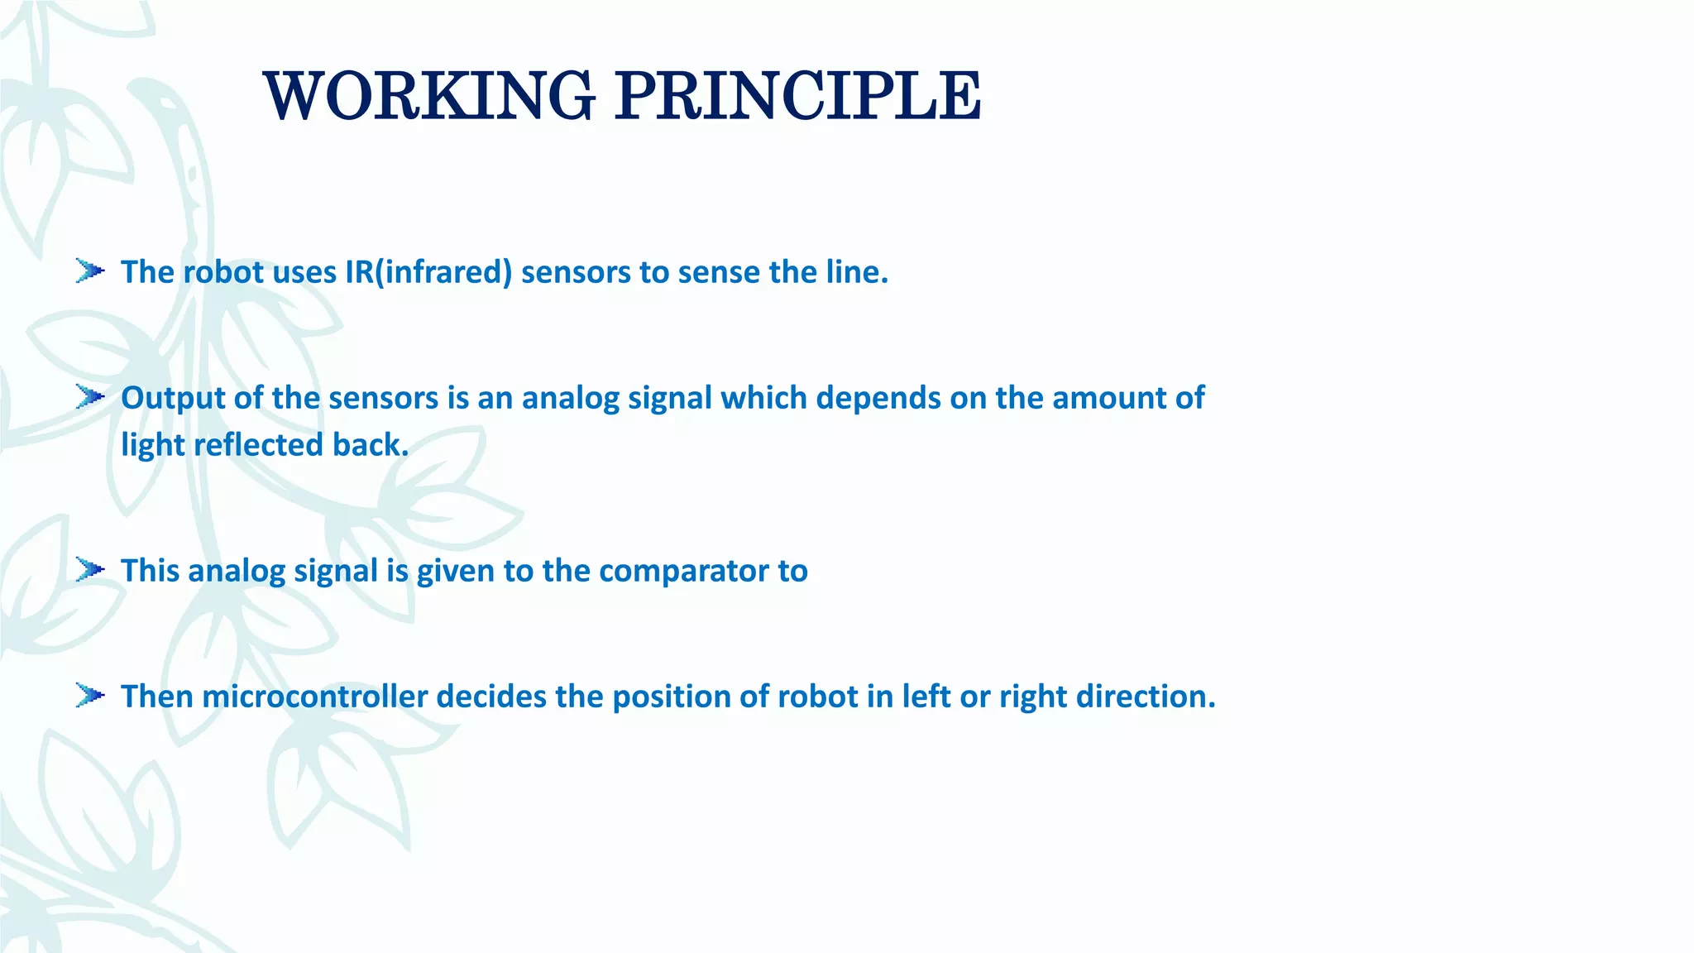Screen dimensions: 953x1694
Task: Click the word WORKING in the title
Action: click(428, 96)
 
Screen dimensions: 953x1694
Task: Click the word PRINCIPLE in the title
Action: click(797, 96)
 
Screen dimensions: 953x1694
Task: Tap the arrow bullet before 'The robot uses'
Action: click(89, 271)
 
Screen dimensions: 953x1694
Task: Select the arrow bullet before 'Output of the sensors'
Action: click(89, 397)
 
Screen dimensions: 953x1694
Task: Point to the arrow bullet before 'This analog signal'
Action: click(89, 570)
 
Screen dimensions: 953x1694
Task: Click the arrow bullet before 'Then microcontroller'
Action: click(89, 696)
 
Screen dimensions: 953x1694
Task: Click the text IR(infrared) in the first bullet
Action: click(428, 272)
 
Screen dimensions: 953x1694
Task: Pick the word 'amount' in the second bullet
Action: click(1108, 399)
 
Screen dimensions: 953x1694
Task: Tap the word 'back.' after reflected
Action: click(371, 445)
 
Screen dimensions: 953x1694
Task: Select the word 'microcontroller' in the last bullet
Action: click(315, 697)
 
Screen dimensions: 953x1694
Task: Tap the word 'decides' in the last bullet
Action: click(491, 697)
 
